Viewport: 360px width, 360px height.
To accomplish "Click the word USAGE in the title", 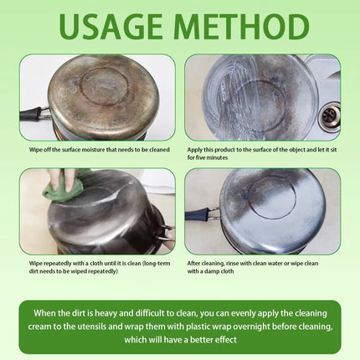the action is [111, 27].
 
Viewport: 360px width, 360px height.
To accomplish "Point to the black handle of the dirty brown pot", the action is [31, 115].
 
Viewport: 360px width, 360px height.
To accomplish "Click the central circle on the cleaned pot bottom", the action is [271, 198].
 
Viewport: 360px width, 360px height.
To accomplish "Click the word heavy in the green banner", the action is [105, 313].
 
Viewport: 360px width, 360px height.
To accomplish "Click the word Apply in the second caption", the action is [194, 150].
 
